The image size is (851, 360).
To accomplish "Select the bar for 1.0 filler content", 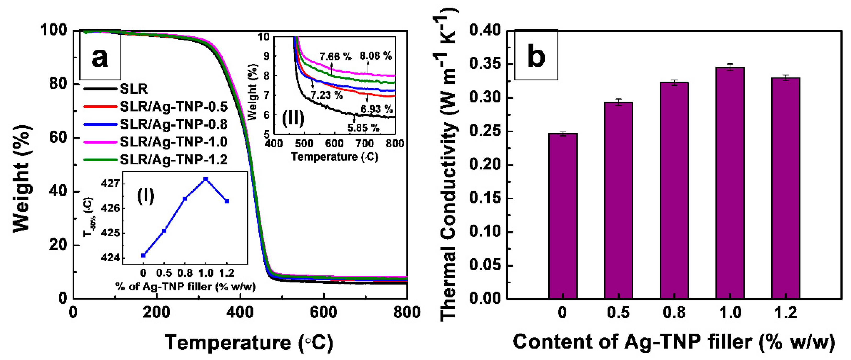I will [x=730, y=183].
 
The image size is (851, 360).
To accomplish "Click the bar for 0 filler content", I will [x=563, y=216].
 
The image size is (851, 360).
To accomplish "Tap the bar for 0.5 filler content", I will [x=618, y=201].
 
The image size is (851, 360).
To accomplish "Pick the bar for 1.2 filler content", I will [x=786, y=188].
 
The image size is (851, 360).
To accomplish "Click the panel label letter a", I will [x=100, y=57].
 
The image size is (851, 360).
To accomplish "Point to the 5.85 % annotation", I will [x=363, y=128].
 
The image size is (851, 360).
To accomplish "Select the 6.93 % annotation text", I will [x=376, y=109].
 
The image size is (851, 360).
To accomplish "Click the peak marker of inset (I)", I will [x=205, y=179].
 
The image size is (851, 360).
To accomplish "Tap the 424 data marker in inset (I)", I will [x=143, y=255].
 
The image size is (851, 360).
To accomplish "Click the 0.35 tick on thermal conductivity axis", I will [x=484, y=64].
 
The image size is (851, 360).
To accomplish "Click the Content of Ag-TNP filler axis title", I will [x=674, y=342].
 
